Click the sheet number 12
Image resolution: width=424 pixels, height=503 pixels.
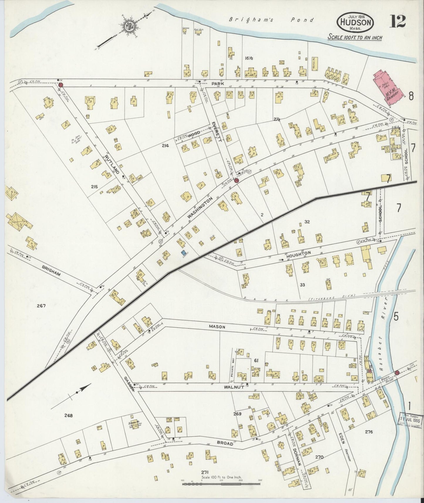(398, 21)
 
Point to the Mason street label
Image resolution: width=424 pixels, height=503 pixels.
(217, 326)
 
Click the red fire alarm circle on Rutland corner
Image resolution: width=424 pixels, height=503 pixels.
(61, 85)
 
